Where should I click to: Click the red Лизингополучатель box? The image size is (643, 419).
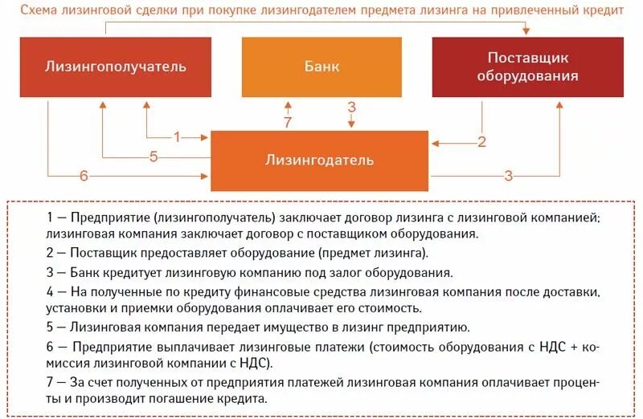coord(116,67)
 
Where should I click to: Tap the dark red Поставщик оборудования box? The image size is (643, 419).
coord(527,67)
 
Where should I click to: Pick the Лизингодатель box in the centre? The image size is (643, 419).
coord(319,160)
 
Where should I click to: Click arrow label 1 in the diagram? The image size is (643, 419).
coord(178,136)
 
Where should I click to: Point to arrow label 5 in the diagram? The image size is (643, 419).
coord(154,157)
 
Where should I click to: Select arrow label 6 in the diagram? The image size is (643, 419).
coord(84,176)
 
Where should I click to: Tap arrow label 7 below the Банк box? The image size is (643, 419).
coord(288,122)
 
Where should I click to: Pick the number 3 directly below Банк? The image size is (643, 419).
coord(351,108)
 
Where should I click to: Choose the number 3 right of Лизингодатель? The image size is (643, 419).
coord(508,176)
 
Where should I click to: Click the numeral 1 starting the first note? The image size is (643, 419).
coord(50,218)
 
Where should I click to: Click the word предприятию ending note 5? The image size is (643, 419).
coord(433,327)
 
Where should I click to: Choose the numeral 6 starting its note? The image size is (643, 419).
coord(50,346)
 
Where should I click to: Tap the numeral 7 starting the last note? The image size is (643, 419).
coord(50,382)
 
